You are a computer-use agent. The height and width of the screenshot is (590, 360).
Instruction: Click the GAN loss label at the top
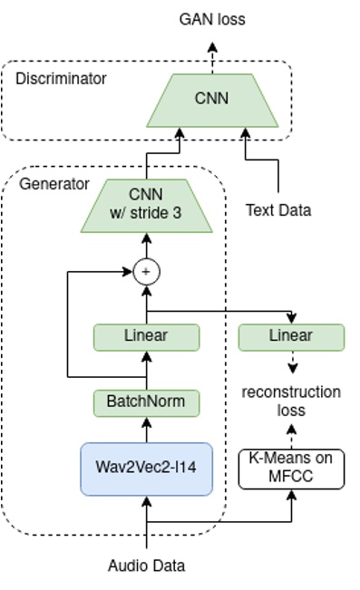(x=212, y=18)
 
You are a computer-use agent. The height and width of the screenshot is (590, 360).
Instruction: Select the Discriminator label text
(x=61, y=79)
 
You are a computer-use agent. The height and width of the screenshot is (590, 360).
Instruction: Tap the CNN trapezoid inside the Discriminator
(x=212, y=99)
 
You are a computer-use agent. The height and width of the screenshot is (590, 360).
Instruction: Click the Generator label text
(x=54, y=184)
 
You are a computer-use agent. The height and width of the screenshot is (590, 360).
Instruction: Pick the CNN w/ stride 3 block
(x=146, y=206)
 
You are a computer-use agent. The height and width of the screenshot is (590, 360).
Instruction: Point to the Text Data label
(x=278, y=210)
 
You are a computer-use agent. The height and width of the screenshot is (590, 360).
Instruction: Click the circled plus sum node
(x=146, y=271)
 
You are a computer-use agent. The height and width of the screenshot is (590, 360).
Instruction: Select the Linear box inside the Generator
(x=146, y=336)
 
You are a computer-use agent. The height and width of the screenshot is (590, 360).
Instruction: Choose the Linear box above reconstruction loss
(x=291, y=336)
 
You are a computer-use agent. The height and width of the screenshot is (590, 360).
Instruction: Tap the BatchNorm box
(x=146, y=401)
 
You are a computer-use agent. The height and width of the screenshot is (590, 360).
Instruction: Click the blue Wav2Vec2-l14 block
(x=146, y=469)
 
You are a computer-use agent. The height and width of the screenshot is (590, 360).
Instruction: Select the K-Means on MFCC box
(x=291, y=468)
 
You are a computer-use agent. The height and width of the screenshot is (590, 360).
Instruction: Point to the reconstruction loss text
(x=291, y=401)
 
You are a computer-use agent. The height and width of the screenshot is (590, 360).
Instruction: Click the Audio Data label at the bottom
(x=146, y=566)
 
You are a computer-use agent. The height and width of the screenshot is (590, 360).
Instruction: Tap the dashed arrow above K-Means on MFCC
(x=291, y=435)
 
